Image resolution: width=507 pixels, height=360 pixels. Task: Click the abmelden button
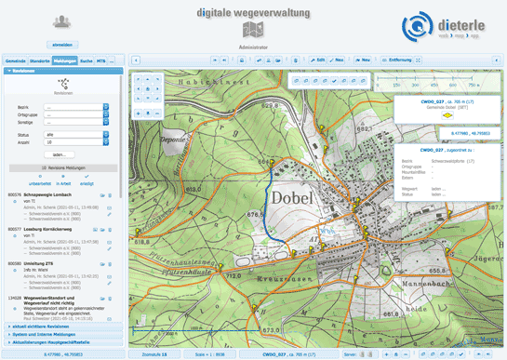coord(62,44)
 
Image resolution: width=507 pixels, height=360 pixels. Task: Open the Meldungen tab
coord(64,60)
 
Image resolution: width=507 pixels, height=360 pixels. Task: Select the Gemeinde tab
coord(16,60)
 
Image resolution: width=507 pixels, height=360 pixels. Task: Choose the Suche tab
coord(86,60)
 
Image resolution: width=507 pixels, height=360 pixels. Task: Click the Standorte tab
coord(40,60)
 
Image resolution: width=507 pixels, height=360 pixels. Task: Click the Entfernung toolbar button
coord(398,59)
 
